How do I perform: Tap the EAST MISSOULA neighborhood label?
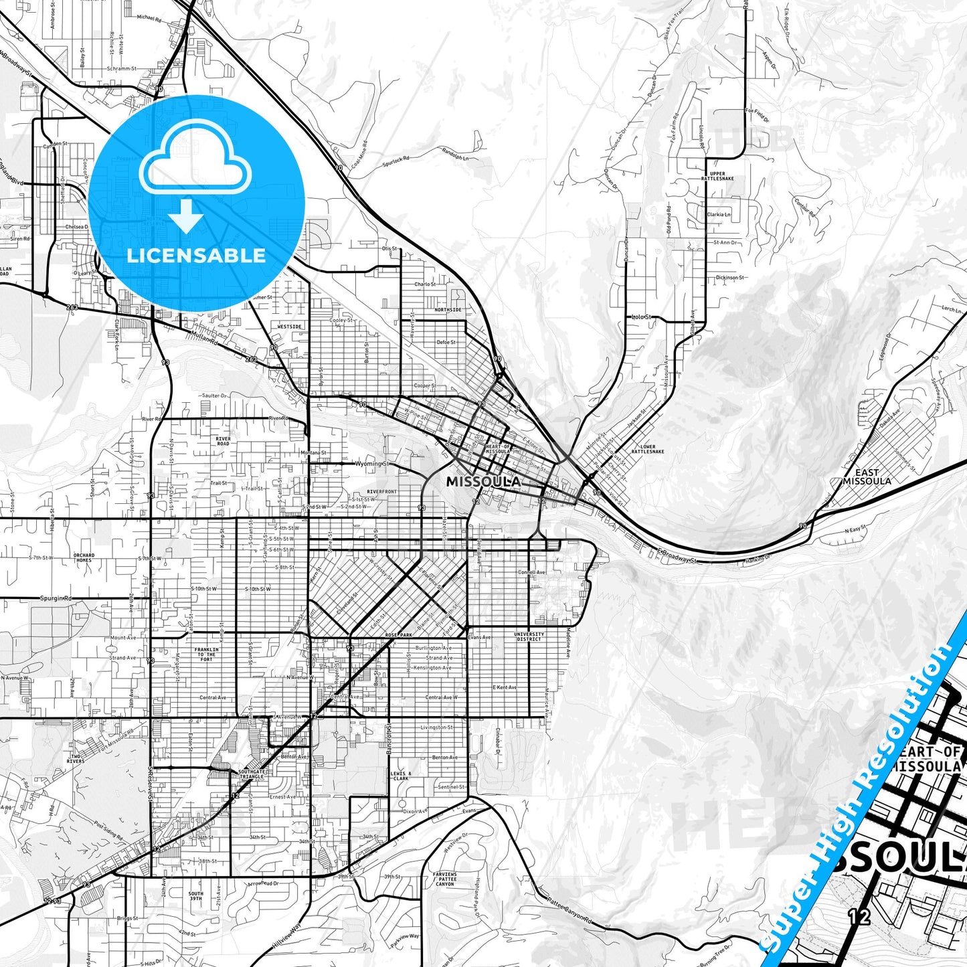click(x=867, y=476)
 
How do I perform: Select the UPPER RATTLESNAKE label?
click(x=717, y=176)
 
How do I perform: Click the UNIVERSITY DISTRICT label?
click(x=529, y=636)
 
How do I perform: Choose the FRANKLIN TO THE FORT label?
click(x=206, y=654)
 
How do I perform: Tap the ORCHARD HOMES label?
click(x=84, y=557)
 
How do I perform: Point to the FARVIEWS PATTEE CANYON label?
click(x=445, y=879)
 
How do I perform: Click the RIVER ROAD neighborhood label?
click(x=223, y=441)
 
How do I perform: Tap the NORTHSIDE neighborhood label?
click(x=448, y=310)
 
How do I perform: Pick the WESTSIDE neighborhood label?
click(x=289, y=327)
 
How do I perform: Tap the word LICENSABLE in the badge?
click(x=196, y=255)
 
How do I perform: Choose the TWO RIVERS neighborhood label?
click(x=76, y=758)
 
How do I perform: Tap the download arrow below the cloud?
click(x=187, y=216)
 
